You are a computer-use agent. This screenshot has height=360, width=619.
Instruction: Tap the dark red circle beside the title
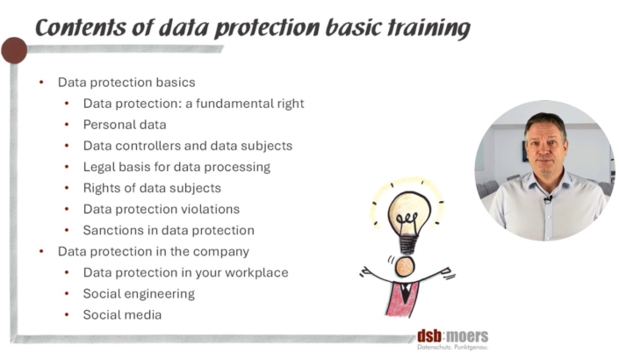click(14, 51)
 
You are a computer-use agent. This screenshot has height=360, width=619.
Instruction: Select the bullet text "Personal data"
click(125, 125)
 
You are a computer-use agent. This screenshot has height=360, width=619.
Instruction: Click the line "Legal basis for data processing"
click(176, 167)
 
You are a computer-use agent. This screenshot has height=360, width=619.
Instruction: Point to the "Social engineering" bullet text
click(139, 293)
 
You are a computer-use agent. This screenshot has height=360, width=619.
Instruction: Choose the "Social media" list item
click(122, 315)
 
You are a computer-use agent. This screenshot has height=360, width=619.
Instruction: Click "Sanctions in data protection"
click(169, 231)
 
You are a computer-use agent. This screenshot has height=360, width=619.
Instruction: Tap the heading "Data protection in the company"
click(154, 252)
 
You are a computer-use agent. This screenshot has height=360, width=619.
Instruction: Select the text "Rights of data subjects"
click(152, 188)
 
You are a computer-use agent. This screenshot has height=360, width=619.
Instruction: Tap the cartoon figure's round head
click(405, 267)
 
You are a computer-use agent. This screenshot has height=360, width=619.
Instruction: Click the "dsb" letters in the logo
click(429, 336)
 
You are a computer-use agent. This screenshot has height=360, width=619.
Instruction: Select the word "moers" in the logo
click(467, 336)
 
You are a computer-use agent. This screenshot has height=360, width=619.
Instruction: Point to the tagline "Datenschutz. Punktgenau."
click(453, 348)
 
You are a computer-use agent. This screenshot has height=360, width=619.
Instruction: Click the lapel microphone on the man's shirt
click(548, 198)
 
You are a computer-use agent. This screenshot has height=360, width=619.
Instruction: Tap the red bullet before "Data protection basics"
click(41, 83)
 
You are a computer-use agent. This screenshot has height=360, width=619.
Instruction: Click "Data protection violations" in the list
click(162, 209)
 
